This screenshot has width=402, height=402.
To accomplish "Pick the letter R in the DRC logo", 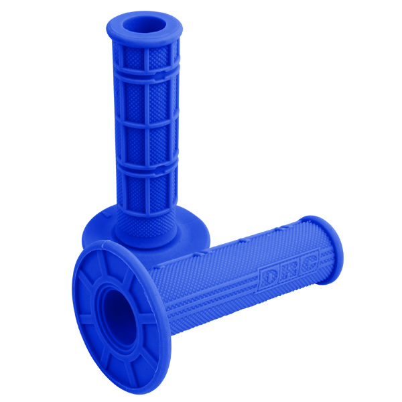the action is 287,271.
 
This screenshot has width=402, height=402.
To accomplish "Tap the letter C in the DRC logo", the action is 308,262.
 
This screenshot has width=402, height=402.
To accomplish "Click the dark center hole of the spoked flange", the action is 119,318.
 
